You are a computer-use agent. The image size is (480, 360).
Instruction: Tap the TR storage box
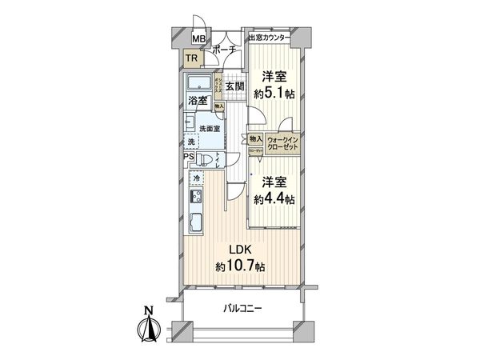(x=192, y=58)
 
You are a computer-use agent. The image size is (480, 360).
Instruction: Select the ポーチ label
(x=223, y=49)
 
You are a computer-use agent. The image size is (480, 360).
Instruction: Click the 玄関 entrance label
(x=234, y=86)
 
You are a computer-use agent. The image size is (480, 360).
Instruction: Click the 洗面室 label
(x=210, y=128)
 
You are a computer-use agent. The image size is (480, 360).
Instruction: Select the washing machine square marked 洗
(x=192, y=142)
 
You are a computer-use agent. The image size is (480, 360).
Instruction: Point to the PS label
(x=187, y=157)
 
